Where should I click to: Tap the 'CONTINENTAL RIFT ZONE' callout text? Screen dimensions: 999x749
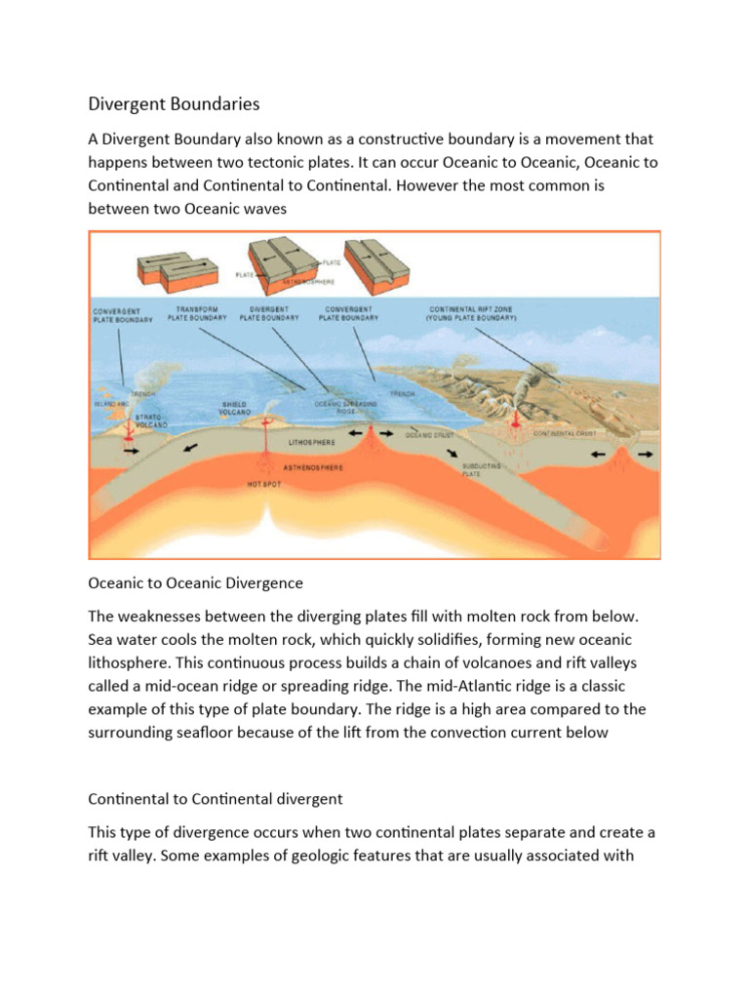(x=471, y=313)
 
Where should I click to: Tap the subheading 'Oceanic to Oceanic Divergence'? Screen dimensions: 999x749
(x=196, y=582)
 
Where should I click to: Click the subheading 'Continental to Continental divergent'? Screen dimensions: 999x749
(x=216, y=798)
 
